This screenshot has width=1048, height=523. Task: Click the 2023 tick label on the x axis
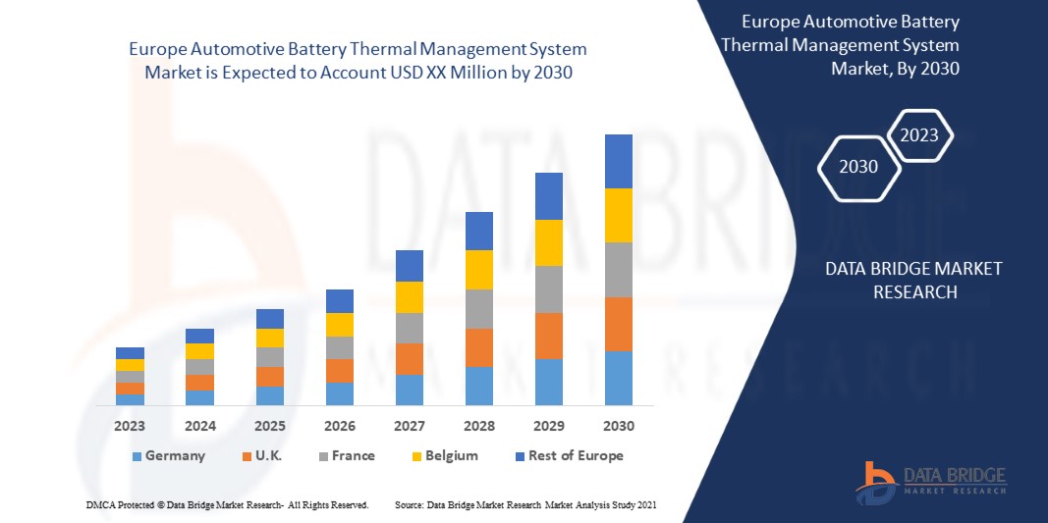pyautogui.click(x=130, y=426)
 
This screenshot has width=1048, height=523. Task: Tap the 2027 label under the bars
pyautogui.click(x=409, y=426)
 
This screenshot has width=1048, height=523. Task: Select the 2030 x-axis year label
pyautogui.click(x=618, y=426)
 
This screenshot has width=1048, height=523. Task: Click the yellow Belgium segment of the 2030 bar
pyautogui.click(x=618, y=215)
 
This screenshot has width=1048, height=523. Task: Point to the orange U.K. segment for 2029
pyautogui.click(x=548, y=336)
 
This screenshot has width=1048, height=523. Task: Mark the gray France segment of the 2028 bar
pyautogui.click(x=478, y=308)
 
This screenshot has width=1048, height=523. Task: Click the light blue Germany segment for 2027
pyautogui.click(x=409, y=390)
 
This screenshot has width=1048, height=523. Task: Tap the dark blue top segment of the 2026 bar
pyautogui.click(x=339, y=300)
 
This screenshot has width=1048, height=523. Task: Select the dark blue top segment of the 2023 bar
pyautogui.click(x=130, y=353)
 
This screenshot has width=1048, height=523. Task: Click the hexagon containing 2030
pyautogui.click(x=860, y=167)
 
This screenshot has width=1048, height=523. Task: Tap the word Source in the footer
pyautogui.click(x=409, y=504)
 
